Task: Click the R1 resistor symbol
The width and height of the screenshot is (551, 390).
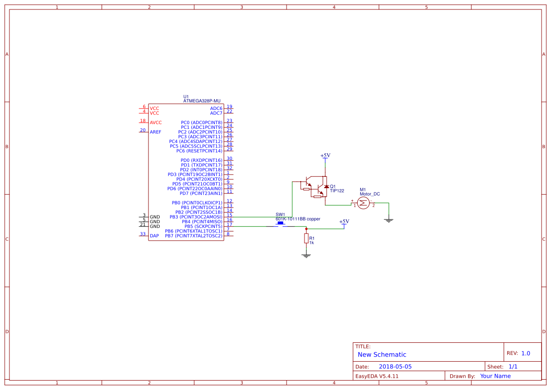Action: pos(306,239)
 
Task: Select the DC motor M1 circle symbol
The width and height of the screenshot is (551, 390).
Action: pos(363,203)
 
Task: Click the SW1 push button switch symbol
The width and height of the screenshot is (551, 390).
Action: pos(280,224)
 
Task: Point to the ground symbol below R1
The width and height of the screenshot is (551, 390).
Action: pos(306,255)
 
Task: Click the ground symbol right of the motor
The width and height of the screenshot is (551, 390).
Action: pos(388,220)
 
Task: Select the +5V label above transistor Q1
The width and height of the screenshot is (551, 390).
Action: pos(325,156)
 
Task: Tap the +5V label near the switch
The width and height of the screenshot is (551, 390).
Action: pos(344,222)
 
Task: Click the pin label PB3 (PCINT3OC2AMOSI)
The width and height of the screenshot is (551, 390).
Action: pos(196,217)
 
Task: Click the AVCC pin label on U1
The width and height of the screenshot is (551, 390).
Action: pos(156,123)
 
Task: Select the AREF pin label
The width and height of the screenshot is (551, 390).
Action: pos(156,132)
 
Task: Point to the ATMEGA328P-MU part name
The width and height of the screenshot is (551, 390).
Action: pos(202,101)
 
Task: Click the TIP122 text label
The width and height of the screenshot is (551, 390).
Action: pos(337,191)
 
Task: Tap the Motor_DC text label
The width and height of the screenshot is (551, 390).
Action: pos(370,194)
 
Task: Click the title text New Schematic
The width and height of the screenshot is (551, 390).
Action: pos(382,355)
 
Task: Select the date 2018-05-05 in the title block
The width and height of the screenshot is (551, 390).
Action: pos(395,366)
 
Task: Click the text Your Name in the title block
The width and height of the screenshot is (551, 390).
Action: pos(495,376)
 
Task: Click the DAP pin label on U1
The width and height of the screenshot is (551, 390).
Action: pos(154,235)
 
